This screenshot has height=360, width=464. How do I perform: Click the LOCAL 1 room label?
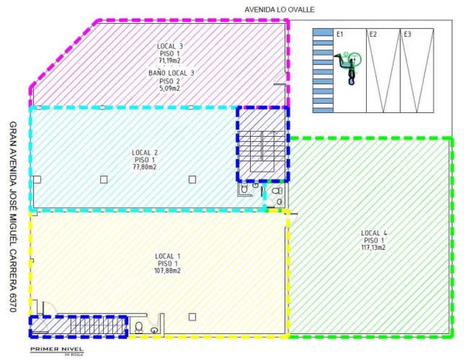tap(167, 256)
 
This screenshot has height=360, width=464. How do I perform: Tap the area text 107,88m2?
tap(167, 271)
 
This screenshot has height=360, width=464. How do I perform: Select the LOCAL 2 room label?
tap(145, 152)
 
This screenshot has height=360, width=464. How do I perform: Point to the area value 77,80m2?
tap(145, 167)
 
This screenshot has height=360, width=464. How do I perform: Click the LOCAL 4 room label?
tap(374, 233)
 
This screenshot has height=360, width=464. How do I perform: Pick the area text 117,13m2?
tap(374, 247)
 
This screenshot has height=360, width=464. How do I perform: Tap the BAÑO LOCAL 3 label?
tap(170, 73)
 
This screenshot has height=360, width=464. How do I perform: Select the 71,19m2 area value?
tap(170, 60)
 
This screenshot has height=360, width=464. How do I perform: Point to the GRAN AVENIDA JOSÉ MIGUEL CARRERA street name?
tap(12, 217)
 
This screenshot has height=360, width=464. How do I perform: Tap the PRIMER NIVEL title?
tap(56, 348)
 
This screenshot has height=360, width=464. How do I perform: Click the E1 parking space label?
tap(339, 34)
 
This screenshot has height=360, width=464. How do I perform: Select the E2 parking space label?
tap(373, 34)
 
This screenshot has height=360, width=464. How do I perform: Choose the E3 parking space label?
tap(407, 34)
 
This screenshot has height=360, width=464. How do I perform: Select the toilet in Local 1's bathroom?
tap(138, 328)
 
